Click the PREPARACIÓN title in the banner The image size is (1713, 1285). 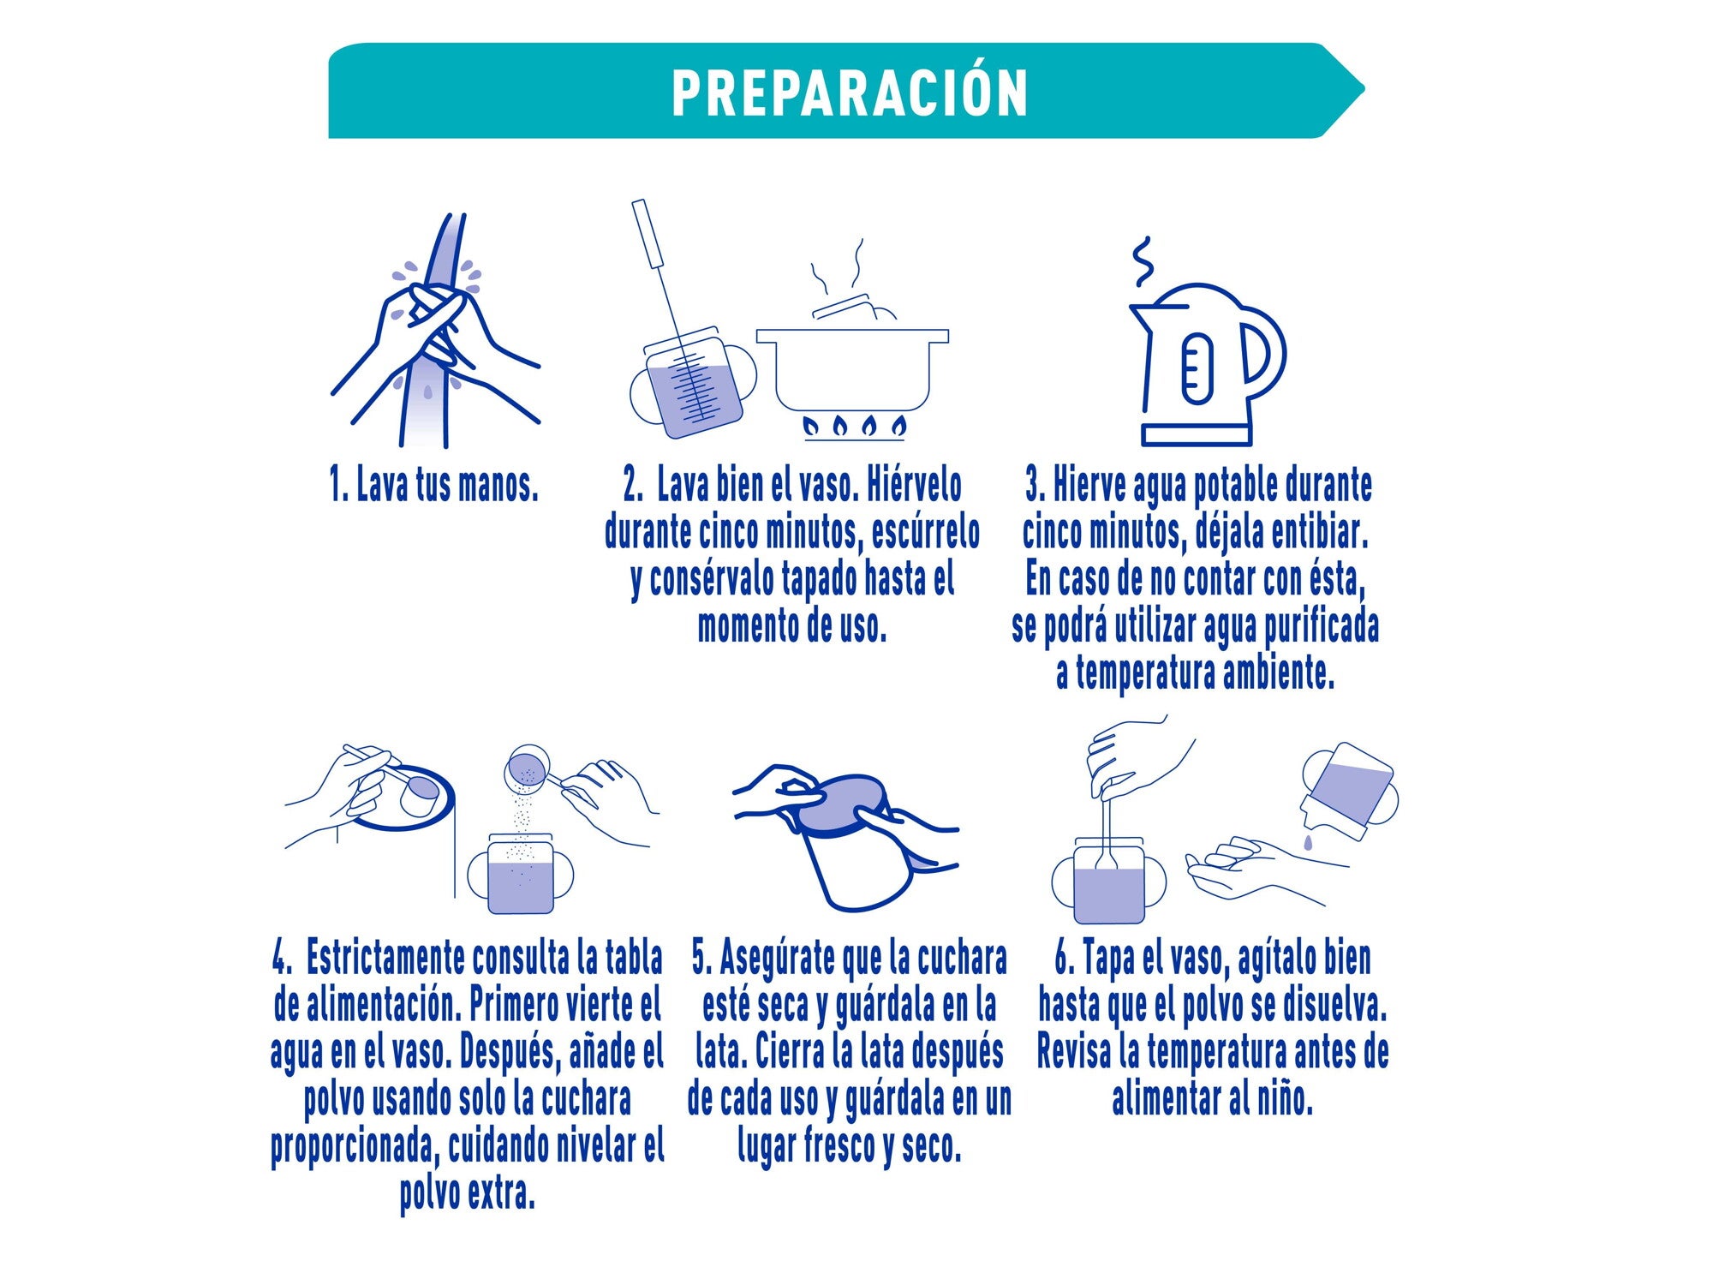(850, 93)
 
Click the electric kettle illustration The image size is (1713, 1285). (1199, 368)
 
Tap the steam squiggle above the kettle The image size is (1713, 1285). (1143, 262)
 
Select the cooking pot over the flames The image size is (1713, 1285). (852, 368)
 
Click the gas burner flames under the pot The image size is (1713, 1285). (853, 426)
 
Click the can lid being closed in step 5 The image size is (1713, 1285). (842, 804)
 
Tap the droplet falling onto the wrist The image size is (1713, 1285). (1308, 844)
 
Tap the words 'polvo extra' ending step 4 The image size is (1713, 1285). (468, 1193)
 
